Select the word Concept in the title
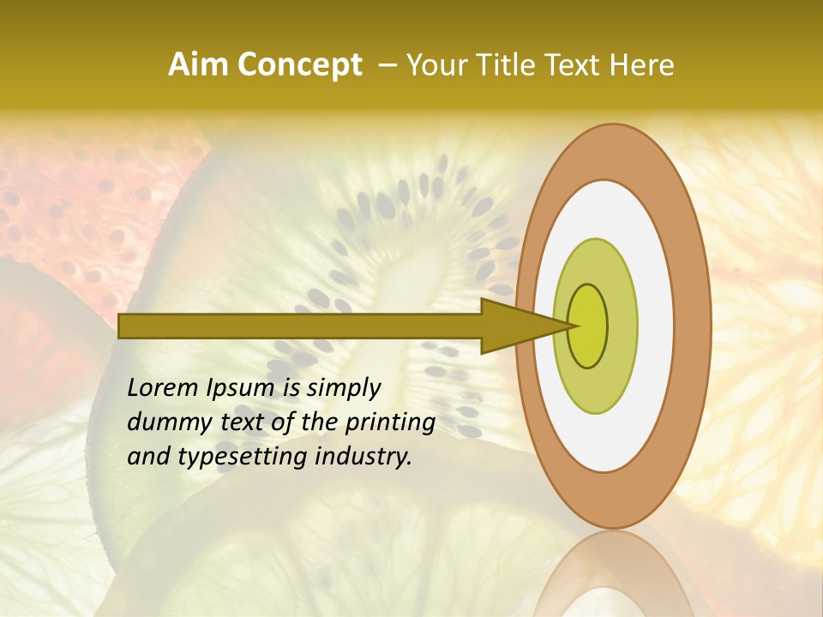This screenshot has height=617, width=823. click(299, 65)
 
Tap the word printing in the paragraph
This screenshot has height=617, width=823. click(390, 423)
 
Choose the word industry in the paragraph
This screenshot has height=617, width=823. click(363, 457)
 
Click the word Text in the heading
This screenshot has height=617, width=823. click(575, 65)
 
